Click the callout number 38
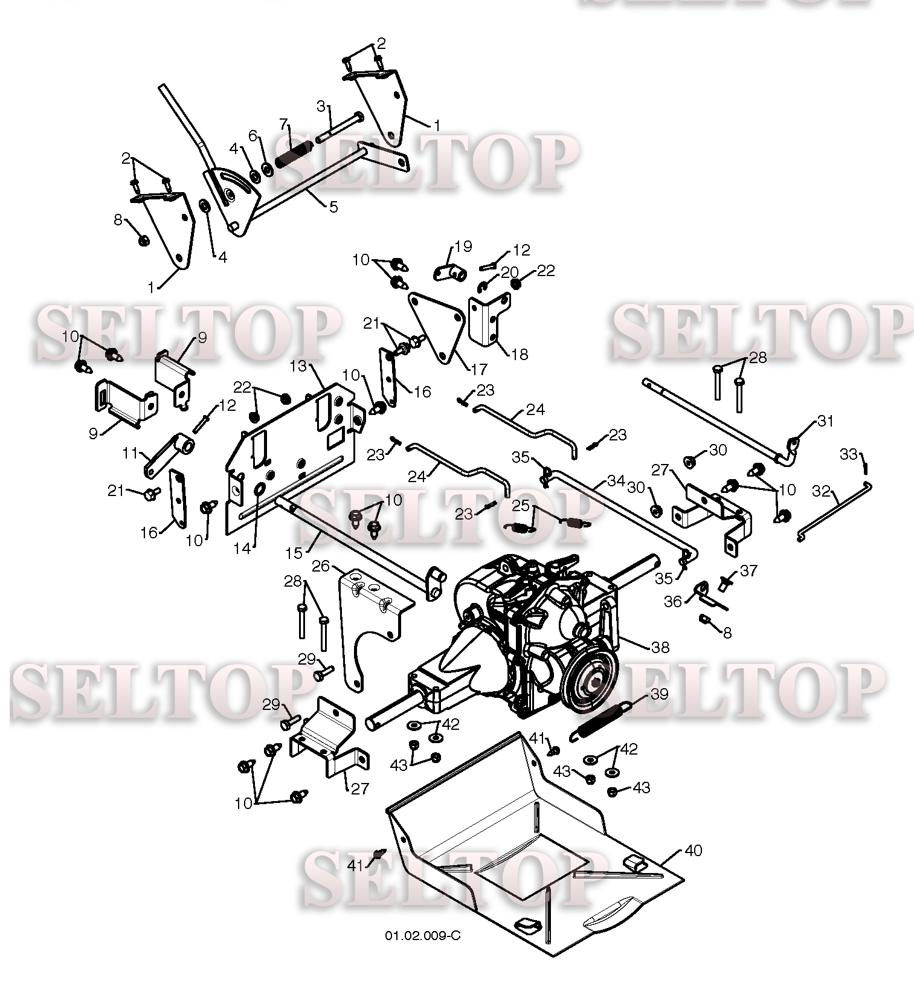click(660, 647)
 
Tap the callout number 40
click(694, 850)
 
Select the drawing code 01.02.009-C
click(423, 936)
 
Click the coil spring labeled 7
click(294, 155)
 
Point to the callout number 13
click(299, 366)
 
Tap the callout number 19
click(463, 246)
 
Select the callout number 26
click(321, 565)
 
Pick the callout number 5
click(333, 207)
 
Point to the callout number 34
click(616, 481)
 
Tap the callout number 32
click(822, 491)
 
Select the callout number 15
click(293, 553)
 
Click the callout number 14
click(242, 550)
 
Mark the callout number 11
click(130, 453)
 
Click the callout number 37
click(748, 570)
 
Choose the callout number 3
click(322, 106)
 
